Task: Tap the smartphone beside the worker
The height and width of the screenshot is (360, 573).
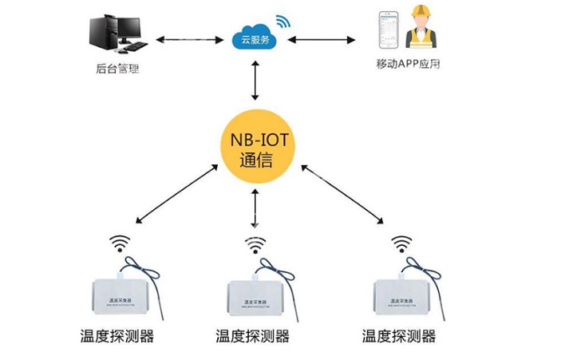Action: [389, 29]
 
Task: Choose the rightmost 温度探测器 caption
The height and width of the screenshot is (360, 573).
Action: [399, 336]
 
